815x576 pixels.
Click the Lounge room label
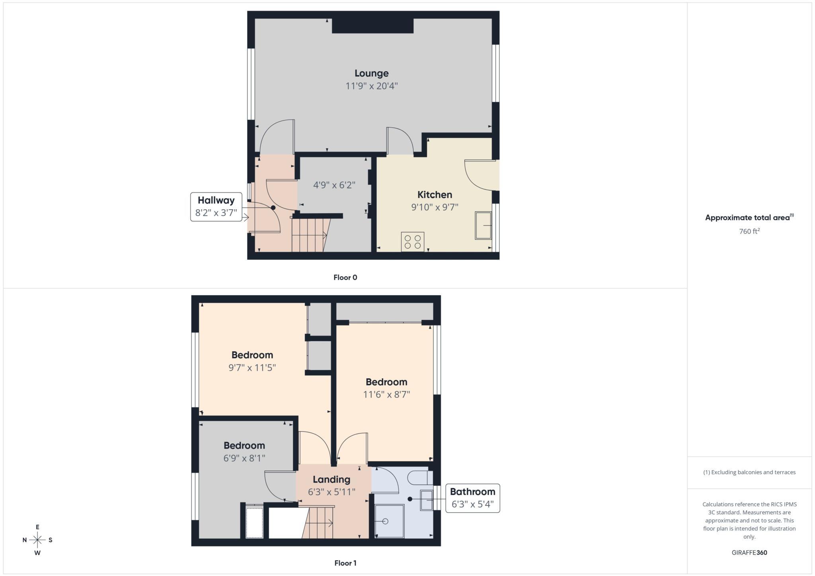click(371, 74)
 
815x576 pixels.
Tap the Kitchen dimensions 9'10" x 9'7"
click(435, 207)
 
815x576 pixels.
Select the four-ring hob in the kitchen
click(413, 242)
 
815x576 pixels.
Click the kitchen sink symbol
click(483, 226)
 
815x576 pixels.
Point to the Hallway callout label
click(216, 207)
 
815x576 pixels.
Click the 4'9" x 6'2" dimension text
click(334, 185)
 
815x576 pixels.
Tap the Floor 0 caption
click(345, 278)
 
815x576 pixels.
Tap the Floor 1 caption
click(345, 563)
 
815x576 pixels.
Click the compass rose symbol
click(37, 540)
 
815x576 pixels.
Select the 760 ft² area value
click(749, 231)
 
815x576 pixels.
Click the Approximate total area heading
click(749, 218)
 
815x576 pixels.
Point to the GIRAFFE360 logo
click(749, 553)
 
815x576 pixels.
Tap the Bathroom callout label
click(472, 498)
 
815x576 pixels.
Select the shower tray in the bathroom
click(390, 521)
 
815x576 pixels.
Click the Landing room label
click(331, 480)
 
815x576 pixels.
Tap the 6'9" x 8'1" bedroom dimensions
click(244, 458)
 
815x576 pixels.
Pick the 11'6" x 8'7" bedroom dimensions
click(386, 395)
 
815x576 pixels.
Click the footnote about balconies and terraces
click(749, 472)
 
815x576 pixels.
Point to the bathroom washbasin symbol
click(427, 500)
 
